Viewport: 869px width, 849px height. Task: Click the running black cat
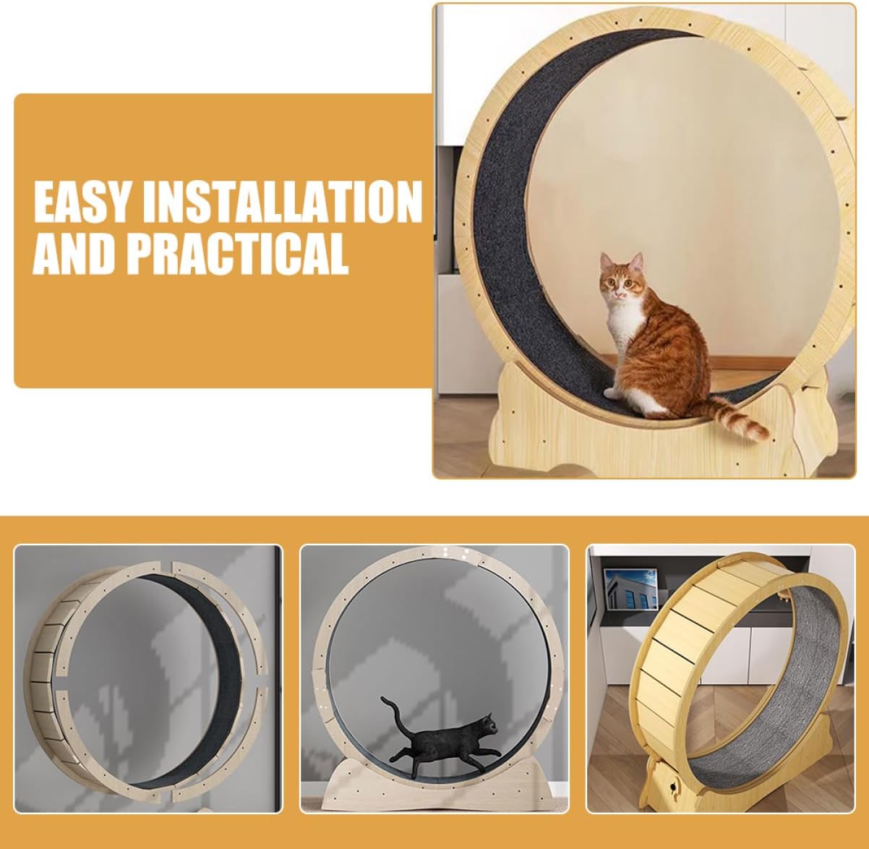click(441, 738)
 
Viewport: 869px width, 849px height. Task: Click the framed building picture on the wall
click(630, 589)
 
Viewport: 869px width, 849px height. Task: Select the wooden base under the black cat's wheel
click(434, 793)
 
